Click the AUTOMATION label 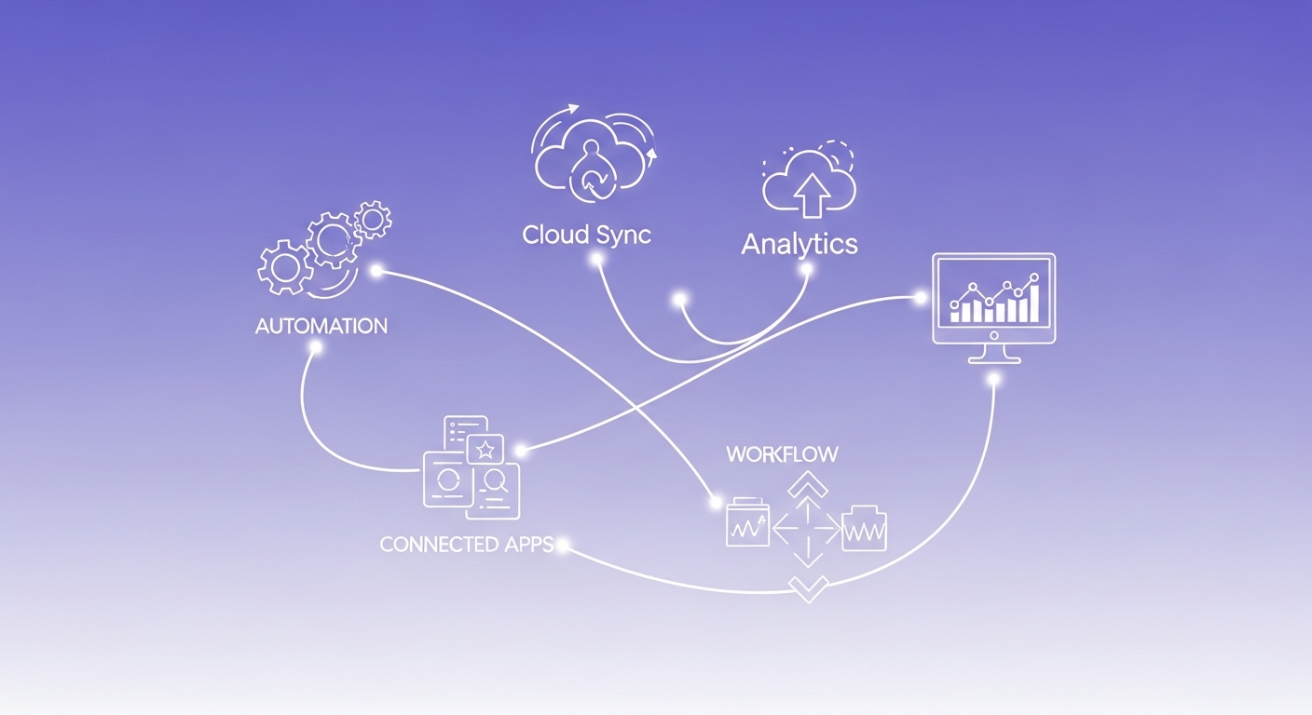[321, 327]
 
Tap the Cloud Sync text [586, 234]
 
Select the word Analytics [799, 244]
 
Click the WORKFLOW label [782, 454]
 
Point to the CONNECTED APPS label [467, 544]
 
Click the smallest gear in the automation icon [375, 219]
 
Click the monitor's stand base [994, 357]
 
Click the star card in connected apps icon [485, 451]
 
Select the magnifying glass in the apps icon [495, 481]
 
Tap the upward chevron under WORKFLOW [808, 484]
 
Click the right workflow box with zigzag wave [865, 530]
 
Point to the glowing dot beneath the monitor [994, 380]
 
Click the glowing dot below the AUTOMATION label [316, 347]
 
